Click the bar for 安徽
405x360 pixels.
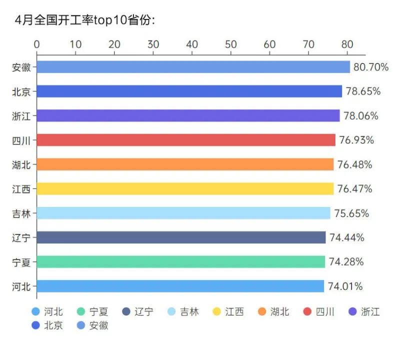pos(193,67)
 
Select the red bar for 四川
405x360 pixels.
pos(186,140)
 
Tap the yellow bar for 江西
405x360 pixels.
pos(185,188)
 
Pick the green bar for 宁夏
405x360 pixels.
pos(181,261)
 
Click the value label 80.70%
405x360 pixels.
pos(371,67)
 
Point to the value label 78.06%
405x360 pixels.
pos(361,116)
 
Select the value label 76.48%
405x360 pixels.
pos(355,164)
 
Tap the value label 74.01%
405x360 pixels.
pos(345,286)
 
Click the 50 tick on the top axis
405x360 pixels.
pos(231,44)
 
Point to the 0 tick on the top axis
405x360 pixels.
pos(37,44)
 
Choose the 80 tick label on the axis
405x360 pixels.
pos(347,44)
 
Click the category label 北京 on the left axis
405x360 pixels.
pos(21,91)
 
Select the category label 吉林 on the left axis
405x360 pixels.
pos(21,213)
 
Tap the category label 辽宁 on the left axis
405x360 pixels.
pos(21,237)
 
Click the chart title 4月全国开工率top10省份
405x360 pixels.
pos(85,20)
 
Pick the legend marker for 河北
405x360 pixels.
pos(35,312)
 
